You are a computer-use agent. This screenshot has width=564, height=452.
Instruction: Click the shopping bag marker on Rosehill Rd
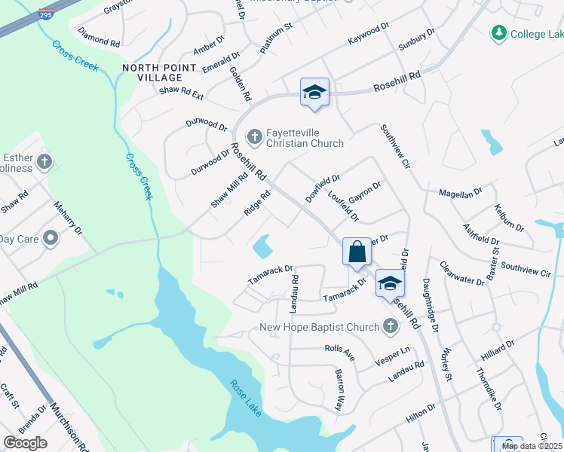(x=357, y=252)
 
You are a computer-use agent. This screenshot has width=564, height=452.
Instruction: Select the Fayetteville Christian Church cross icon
(x=255, y=136)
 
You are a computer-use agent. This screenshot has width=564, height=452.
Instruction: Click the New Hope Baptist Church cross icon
(x=390, y=326)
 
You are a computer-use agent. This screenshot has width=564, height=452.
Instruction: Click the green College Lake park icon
(x=498, y=33)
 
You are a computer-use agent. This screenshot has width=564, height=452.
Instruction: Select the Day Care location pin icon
(x=51, y=239)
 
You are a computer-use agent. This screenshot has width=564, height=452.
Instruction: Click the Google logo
(x=25, y=442)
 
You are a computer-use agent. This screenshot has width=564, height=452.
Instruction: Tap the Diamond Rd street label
(x=99, y=38)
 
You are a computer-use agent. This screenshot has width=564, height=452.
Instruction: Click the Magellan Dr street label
(x=460, y=194)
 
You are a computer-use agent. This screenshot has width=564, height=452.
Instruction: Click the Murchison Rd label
(x=67, y=426)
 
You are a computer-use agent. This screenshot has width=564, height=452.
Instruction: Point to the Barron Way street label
(x=339, y=389)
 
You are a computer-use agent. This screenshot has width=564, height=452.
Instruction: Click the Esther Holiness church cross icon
(x=44, y=160)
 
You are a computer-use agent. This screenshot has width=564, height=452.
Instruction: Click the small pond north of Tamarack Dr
(x=262, y=246)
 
